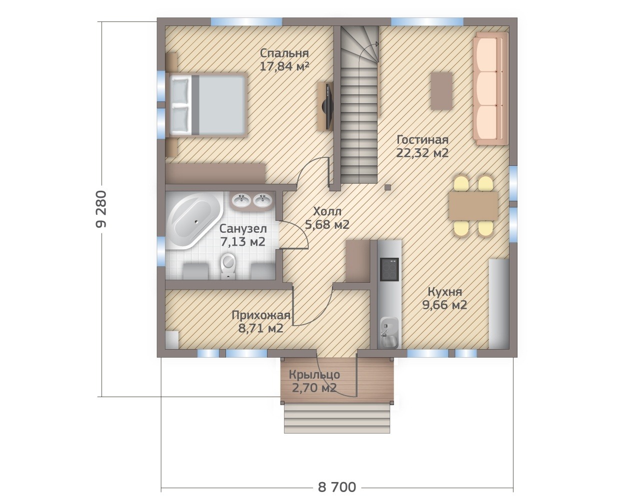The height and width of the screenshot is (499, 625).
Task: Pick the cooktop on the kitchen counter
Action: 389,269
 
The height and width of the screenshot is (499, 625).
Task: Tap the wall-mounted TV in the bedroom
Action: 328,106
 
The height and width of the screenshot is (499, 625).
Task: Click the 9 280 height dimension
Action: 101,209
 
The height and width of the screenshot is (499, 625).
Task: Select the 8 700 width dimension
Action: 337,479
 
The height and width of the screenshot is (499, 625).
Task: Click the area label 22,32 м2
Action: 422,153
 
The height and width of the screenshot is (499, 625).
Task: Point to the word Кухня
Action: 445,292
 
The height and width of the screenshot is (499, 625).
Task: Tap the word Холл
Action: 327,211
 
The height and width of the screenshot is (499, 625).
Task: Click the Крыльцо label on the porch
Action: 314,375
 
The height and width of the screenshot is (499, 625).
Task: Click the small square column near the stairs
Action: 387,187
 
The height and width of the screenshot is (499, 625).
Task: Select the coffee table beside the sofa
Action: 441,91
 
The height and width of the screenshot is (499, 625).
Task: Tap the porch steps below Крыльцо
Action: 337,420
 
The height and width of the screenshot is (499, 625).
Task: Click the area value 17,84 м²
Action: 284,67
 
